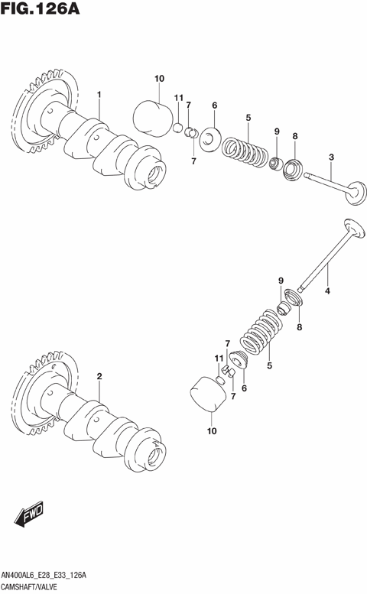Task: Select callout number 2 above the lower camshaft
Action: point(99,377)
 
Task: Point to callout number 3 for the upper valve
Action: point(330,157)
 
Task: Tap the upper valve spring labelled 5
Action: point(245,146)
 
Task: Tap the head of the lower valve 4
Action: point(352,229)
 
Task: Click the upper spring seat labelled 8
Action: point(294,168)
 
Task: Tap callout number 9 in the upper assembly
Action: point(277,131)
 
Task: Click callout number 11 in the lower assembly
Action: point(217,358)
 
